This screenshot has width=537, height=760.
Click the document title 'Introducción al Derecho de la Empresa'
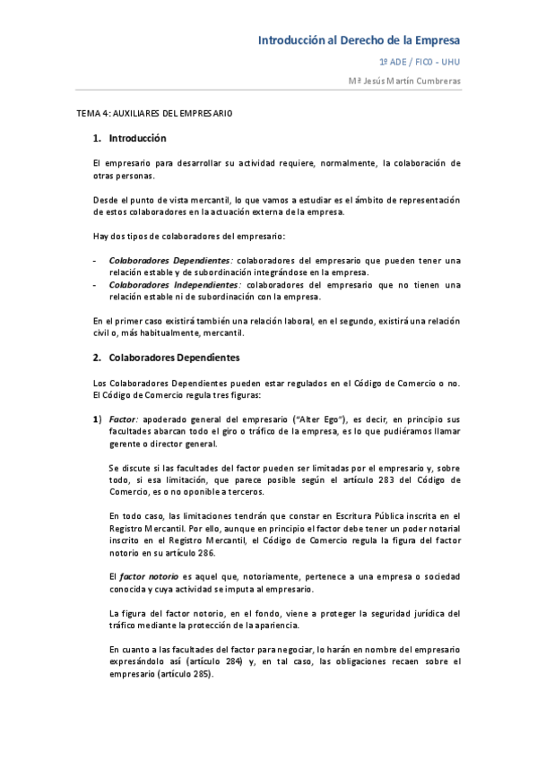[x=359, y=40]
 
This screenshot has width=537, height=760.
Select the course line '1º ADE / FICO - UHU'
[x=420, y=63]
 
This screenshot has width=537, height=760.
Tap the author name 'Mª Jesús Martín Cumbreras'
[x=404, y=81]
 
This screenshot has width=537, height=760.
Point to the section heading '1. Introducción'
[x=130, y=139]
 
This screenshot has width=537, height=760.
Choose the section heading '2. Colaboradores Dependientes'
[x=167, y=358]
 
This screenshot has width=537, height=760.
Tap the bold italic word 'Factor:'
[x=123, y=419]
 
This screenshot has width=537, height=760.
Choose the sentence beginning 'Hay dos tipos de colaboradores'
[x=189, y=236]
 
